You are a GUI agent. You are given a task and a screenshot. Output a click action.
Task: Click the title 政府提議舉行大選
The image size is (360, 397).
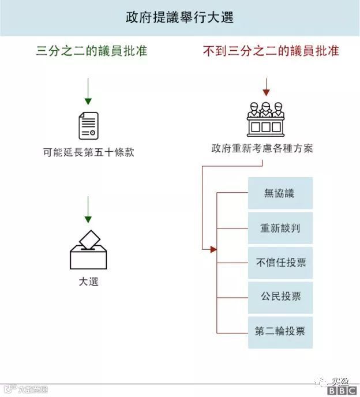[x=179, y=17]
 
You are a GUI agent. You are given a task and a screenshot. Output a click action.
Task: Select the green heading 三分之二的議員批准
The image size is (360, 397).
[x=92, y=51]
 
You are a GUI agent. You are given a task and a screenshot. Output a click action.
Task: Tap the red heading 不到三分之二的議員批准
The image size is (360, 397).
[x=271, y=51]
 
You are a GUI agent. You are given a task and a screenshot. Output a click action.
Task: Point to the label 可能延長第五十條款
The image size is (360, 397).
[x=88, y=153]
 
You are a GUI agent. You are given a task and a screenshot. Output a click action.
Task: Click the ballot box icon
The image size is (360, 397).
[x=88, y=251]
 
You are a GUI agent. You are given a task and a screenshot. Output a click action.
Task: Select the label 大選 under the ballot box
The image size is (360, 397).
[x=88, y=282]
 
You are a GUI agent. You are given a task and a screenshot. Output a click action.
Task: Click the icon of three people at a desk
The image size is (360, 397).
[x=266, y=119]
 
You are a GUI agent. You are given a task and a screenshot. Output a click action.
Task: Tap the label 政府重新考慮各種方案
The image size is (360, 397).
[x=262, y=149]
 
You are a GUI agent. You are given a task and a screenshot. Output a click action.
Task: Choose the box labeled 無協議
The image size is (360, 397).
[x=280, y=193]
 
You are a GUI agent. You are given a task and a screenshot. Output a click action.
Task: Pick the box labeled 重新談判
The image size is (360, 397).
[x=280, y=228]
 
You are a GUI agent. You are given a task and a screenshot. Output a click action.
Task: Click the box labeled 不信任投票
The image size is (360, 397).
[x=280, y=263]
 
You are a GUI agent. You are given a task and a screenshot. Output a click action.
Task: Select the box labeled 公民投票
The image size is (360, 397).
[x=280, y=297]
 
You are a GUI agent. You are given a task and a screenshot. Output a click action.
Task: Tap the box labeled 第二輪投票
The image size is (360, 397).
[x=280, y=332]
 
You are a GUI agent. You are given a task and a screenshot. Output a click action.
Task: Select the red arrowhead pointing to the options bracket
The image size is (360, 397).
[x=213, y=249]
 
